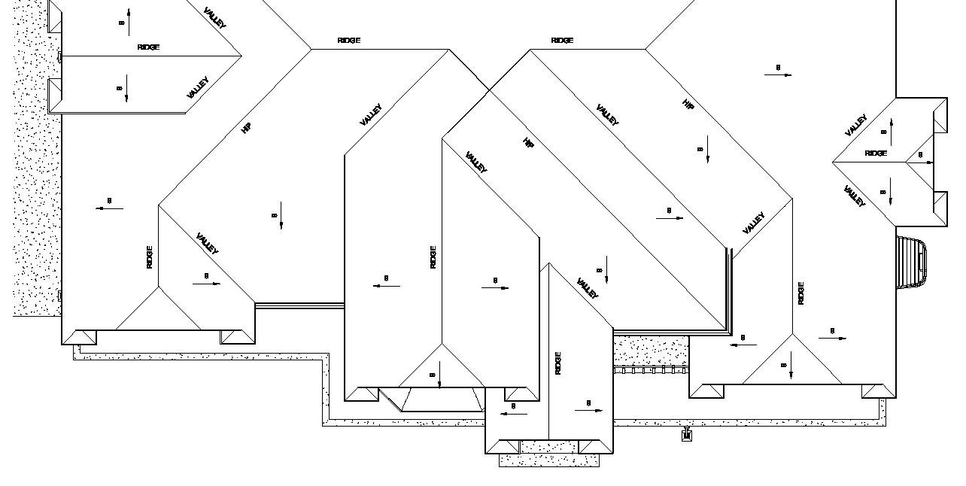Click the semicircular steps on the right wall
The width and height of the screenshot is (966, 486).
point(911,263)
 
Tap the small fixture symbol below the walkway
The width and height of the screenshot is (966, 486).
point(686,434)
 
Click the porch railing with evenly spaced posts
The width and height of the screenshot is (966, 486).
point(650,370)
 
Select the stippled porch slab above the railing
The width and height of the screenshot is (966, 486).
point(650,350)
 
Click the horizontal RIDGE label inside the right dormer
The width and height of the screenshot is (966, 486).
point(876,153)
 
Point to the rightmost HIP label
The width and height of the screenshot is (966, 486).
point(688,105)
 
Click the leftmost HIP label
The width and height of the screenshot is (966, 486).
point(245,128)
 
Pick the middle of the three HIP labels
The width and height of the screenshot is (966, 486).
point(528,142)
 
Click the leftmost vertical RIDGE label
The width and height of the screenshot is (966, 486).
point(150,257)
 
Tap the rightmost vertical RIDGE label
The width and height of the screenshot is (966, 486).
point(801,293)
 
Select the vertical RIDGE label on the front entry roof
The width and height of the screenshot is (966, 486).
point(558,363)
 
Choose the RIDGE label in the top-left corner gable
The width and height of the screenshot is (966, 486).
point(148,47)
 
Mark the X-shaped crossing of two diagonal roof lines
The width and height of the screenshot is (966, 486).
point(489,91)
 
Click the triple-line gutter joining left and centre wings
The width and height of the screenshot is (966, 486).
point(299,305)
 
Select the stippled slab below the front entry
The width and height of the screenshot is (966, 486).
point(548,460)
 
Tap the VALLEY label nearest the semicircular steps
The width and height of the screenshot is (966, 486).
point(854,196)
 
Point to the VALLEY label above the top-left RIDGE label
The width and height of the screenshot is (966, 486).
point(214,17)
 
